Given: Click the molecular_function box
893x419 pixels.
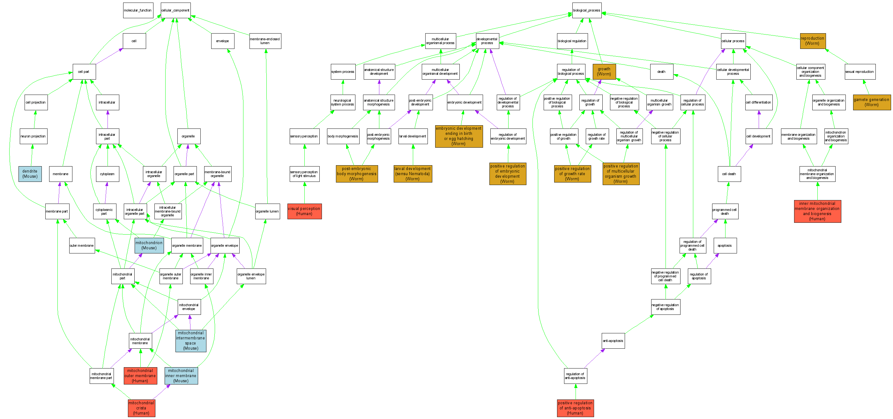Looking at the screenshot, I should (138, 11).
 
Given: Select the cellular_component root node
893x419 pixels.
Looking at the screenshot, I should (175, 11).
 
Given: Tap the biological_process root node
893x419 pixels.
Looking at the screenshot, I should (586, 11).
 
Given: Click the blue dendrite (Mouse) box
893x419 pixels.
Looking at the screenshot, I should (30, 174).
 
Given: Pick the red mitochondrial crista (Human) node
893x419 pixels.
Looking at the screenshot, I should (141, 408).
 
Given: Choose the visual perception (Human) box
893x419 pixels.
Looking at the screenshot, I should (304, 211).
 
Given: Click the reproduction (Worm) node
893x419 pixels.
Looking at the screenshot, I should (813, 41).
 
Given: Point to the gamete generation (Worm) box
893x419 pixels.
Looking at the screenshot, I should (872, 102).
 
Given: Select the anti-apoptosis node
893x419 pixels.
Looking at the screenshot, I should (613, 341).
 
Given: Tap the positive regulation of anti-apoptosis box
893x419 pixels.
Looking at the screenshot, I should (576, 408).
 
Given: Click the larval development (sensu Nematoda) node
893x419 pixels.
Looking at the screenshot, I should (413, 174).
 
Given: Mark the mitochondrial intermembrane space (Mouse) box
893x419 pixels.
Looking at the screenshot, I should (191, 341).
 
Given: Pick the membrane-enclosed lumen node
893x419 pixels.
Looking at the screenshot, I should (265, 41).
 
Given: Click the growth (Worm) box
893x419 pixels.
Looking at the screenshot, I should (604, 72).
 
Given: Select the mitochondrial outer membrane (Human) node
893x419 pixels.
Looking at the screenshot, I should (140, 376).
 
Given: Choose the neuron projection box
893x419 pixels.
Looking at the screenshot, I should (33, 136).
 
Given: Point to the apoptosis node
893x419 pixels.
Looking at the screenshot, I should (725, 245).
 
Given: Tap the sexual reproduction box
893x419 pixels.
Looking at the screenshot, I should (860, 72).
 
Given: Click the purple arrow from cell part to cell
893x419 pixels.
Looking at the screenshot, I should (109, 56).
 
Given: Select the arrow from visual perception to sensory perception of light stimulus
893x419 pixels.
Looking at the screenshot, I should (305, 193).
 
